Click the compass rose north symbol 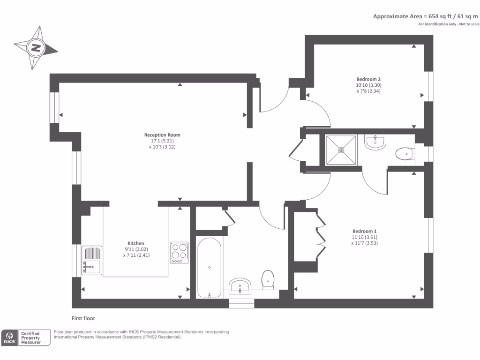coord(35,47)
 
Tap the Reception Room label coord(162,135)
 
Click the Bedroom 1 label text coord(364,231)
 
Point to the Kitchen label coord(136,243)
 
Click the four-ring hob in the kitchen coord(179,253)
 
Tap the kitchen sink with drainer coord(91,261)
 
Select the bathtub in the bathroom coord(209,268)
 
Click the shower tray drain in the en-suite coord(341,150)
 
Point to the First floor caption coord(83,318)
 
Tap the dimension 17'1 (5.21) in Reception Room coord(162,141)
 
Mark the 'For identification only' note coord(449,24)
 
